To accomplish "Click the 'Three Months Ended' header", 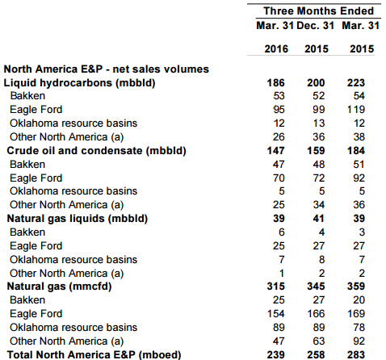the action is (318, 11).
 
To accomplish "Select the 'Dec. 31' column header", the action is (315, 26).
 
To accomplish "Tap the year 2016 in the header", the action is (276, 48).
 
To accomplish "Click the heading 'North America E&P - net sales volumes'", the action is (107, 69).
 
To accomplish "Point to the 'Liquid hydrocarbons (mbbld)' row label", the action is (79, 83).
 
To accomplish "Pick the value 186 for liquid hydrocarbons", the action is (275, 82).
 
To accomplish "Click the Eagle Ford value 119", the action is (356, 110).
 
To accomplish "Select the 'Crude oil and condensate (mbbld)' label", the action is (96, 151).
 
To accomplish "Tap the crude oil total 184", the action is (356, 151).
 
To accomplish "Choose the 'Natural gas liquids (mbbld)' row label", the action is (78, 219).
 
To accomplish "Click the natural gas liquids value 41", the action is (318, 218).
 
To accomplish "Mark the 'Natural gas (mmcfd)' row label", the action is (59, 287).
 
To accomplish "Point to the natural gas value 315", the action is (275, 286).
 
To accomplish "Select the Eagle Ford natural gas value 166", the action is (316, 313).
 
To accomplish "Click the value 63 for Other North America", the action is (319, 341).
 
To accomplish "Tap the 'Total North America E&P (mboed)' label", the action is (94, 354).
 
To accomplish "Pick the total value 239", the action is (275, 355).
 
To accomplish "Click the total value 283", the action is (356, 355).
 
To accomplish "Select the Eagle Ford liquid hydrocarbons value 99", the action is (319, 110).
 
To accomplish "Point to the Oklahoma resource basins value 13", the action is (319, 123).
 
